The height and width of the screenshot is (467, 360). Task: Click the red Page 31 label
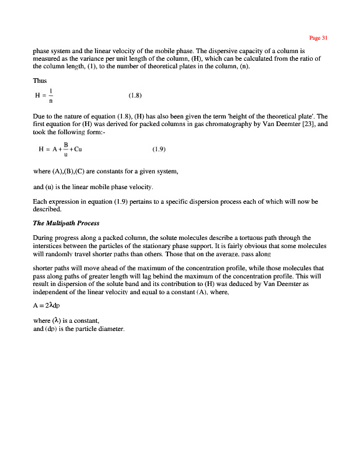319,38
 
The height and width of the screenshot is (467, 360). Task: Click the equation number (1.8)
135,95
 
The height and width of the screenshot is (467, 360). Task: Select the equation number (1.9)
159,149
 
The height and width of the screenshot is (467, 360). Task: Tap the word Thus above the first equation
40,81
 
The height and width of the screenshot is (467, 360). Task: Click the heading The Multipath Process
66,223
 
